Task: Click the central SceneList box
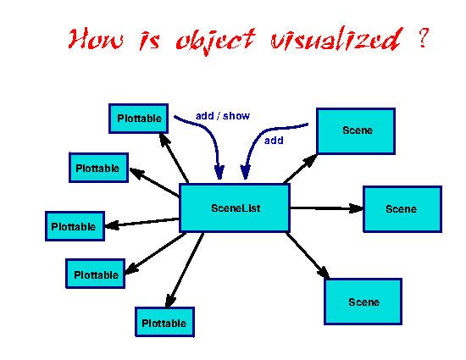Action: point(235,208)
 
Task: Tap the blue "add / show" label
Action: point(223,115)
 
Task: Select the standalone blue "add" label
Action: point(274,141)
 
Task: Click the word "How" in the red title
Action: point(96,39)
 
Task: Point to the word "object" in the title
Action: point(215,41)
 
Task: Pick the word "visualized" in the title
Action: point(336,39)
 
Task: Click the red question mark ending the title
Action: point(423,37)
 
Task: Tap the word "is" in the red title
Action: point(150,40)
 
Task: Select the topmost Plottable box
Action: point(138,119)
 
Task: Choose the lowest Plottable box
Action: point(164,322)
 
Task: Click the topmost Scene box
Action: point(356,131)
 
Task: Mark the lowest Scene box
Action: point(363,302)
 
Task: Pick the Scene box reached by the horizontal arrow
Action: point(402,209)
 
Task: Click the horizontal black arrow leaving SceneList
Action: point(326,208)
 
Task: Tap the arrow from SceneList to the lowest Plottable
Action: point(185,270)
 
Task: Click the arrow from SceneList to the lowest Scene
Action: point(308,256)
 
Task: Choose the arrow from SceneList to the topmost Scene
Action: point(301,169)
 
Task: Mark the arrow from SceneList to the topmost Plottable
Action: point(174,158)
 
